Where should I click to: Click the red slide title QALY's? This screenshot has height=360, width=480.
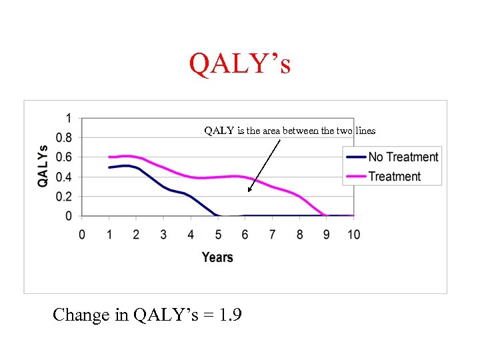point(240,64)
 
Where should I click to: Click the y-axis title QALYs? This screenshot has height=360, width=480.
point(43,165)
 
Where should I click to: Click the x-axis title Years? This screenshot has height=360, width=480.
point(217,257)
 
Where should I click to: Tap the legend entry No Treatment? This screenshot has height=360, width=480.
point(403,157)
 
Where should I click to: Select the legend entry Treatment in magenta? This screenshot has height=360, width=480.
point(394,177)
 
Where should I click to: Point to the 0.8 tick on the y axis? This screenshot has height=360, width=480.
point(65,138)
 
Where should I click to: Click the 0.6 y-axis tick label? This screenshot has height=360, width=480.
point(65,157)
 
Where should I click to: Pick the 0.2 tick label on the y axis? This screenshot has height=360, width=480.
point(65,197)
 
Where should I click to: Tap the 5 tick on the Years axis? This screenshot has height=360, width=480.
point(217,235)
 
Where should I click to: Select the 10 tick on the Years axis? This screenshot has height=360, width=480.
point(353,235)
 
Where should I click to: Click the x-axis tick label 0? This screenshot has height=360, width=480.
point(82,235)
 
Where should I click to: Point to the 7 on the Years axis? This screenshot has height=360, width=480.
point(272,235)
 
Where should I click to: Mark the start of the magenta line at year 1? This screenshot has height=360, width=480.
point(109,157)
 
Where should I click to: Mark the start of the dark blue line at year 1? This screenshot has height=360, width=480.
point(109,167)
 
